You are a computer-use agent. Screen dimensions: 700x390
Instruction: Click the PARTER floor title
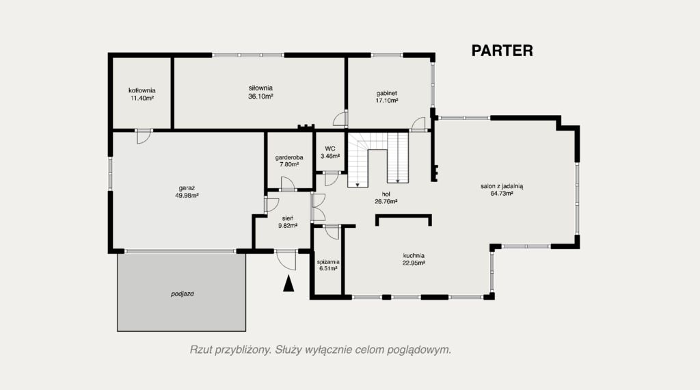click(x=502, y=51)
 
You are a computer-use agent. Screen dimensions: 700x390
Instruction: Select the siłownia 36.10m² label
click(x=260, y=92)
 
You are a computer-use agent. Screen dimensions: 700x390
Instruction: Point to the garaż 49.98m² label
click(x=187, y=192)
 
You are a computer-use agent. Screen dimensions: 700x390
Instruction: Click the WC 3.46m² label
click(x=330, y=153)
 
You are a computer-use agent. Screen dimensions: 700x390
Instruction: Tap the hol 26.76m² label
click(x=386, y=198)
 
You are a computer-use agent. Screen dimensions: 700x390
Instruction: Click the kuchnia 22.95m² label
click(x=414, y=259)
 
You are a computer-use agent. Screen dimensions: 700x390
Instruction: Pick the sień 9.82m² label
click(x=288, y=222)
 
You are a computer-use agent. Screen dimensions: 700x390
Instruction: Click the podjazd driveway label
click(x=182, y=294)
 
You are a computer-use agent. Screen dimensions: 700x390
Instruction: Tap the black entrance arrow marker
click(x=289, y=284)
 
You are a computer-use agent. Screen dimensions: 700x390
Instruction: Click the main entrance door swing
click(x=286, y=261)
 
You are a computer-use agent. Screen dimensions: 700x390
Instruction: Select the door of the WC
click(x=332, y=179)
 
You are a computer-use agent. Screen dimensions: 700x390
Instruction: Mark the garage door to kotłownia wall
click(x=144, y=137)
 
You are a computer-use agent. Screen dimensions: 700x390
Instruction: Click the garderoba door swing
click(x=288, y=184)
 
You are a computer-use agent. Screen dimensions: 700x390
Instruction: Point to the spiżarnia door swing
click(x=332, y=233)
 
